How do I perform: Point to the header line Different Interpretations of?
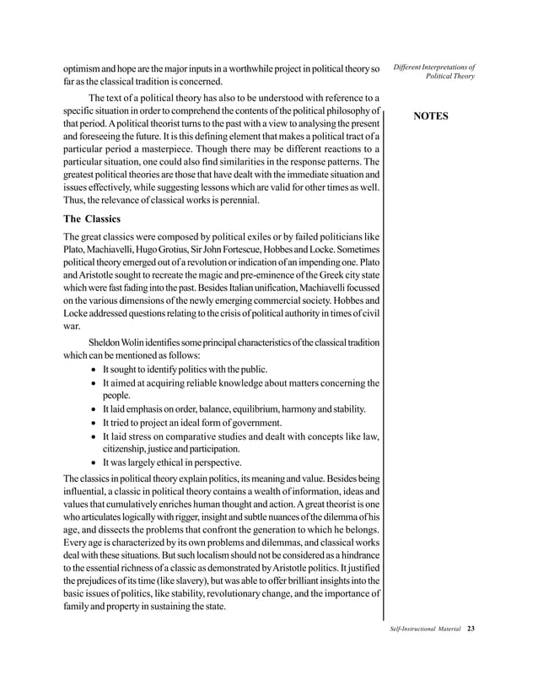pos(433,67)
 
